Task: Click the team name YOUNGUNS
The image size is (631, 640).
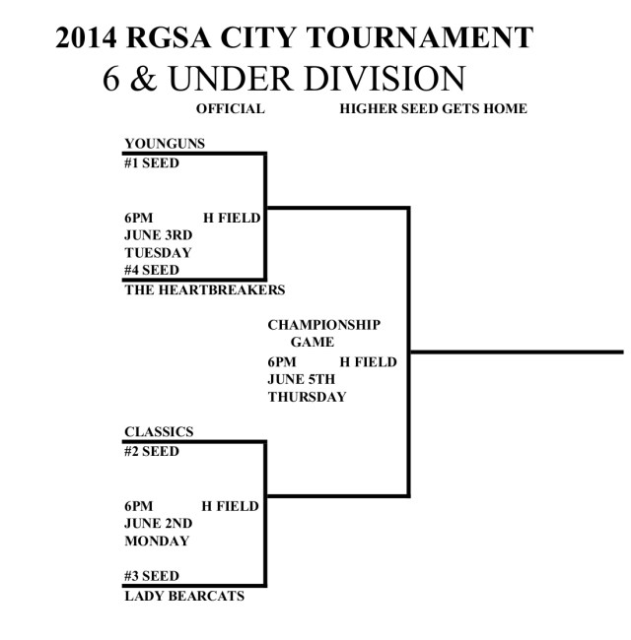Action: click(165, 144)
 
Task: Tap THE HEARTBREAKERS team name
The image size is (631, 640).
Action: click(204, 289)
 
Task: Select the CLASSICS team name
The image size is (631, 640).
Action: click(159, 431)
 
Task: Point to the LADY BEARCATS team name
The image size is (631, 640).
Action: click(183, 596)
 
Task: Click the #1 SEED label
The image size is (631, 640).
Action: click(152, 162)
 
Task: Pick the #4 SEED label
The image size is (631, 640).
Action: click(152, 270)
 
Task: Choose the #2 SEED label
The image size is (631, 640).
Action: click(152, 451)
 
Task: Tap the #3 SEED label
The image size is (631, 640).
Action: click(152, 576)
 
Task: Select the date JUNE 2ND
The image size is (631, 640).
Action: click(159, 523)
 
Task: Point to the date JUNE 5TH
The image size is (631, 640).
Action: click(301, 379)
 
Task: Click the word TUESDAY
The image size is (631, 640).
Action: click(158, 252)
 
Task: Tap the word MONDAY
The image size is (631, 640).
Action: click(157, 541)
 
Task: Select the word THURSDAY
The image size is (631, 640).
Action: click(307, 397)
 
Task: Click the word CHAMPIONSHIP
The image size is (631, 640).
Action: click(323, 325)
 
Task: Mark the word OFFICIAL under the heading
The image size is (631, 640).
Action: click(231, 108)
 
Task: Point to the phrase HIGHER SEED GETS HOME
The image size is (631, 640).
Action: click(433, 108)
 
